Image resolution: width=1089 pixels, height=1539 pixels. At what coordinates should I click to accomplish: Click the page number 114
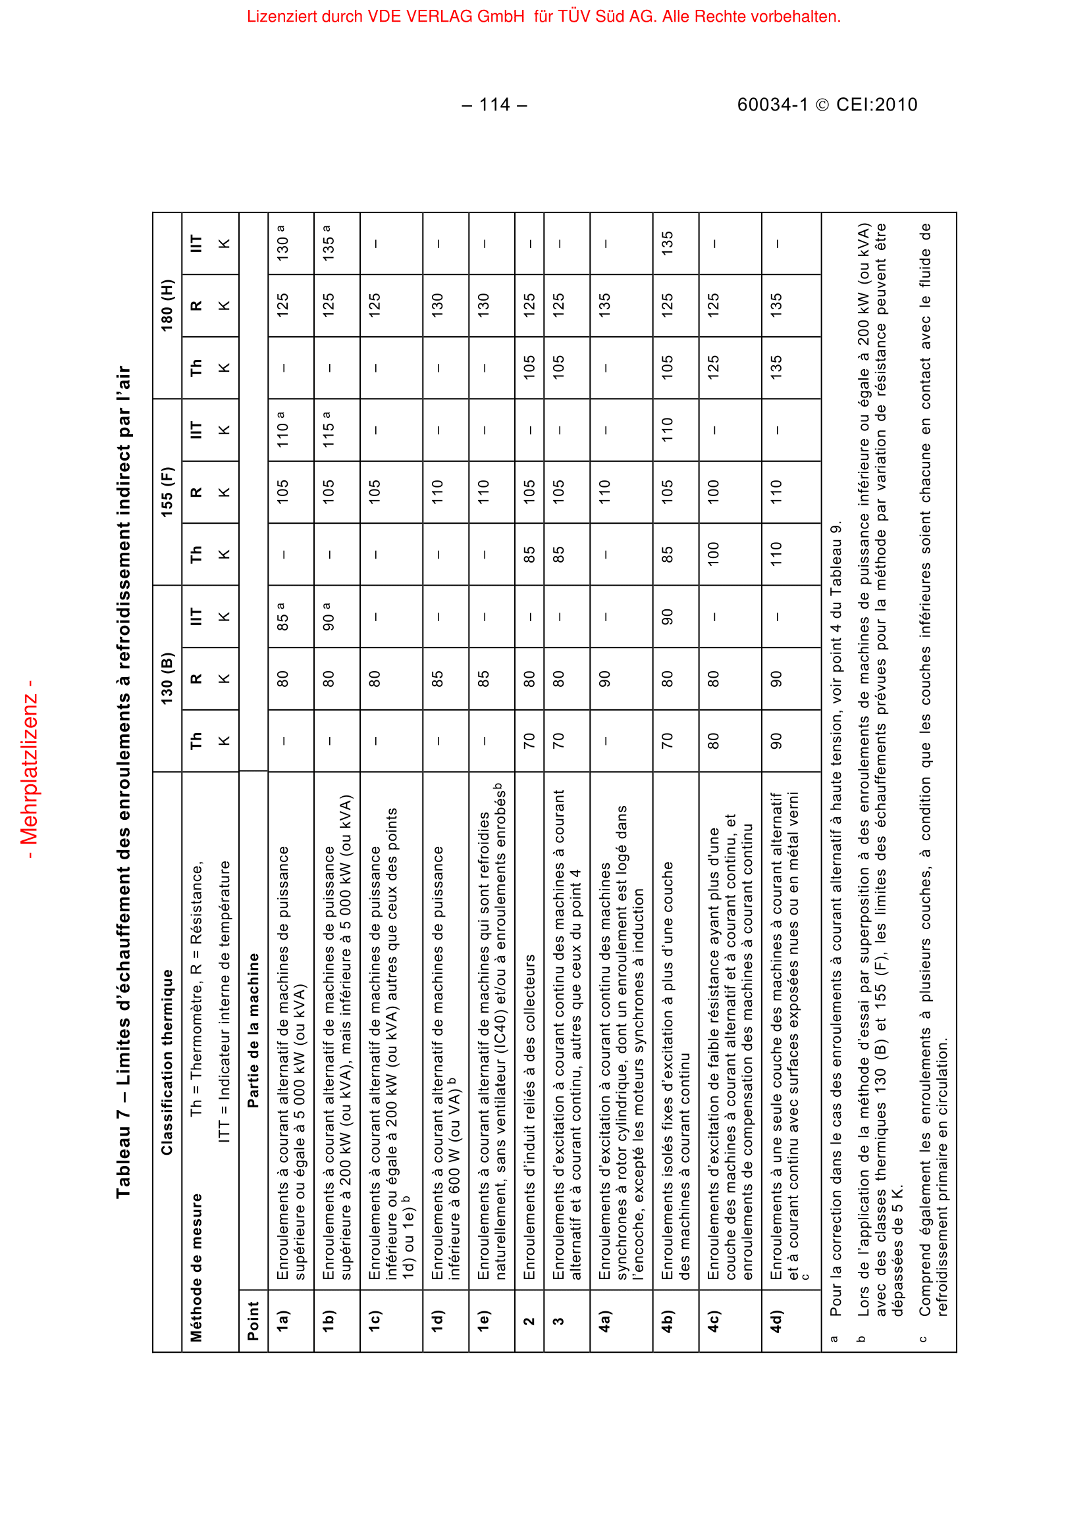pos(495,105)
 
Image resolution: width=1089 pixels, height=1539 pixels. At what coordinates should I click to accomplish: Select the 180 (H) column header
pos(167,305)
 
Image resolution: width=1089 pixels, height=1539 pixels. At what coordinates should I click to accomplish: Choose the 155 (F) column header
pos(167,492)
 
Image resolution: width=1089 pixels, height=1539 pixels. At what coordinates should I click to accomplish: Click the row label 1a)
pos(283,1321)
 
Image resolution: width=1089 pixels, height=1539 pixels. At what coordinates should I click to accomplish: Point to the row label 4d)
pos(776,1321)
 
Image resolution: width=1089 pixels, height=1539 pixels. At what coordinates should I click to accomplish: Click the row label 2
pos(529,1321)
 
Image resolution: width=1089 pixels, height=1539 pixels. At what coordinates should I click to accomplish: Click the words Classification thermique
pos(167,1062)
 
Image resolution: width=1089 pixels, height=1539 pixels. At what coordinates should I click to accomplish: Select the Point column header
pos(253,1321)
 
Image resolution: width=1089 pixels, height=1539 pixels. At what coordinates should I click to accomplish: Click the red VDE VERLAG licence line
pos(544,16)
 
